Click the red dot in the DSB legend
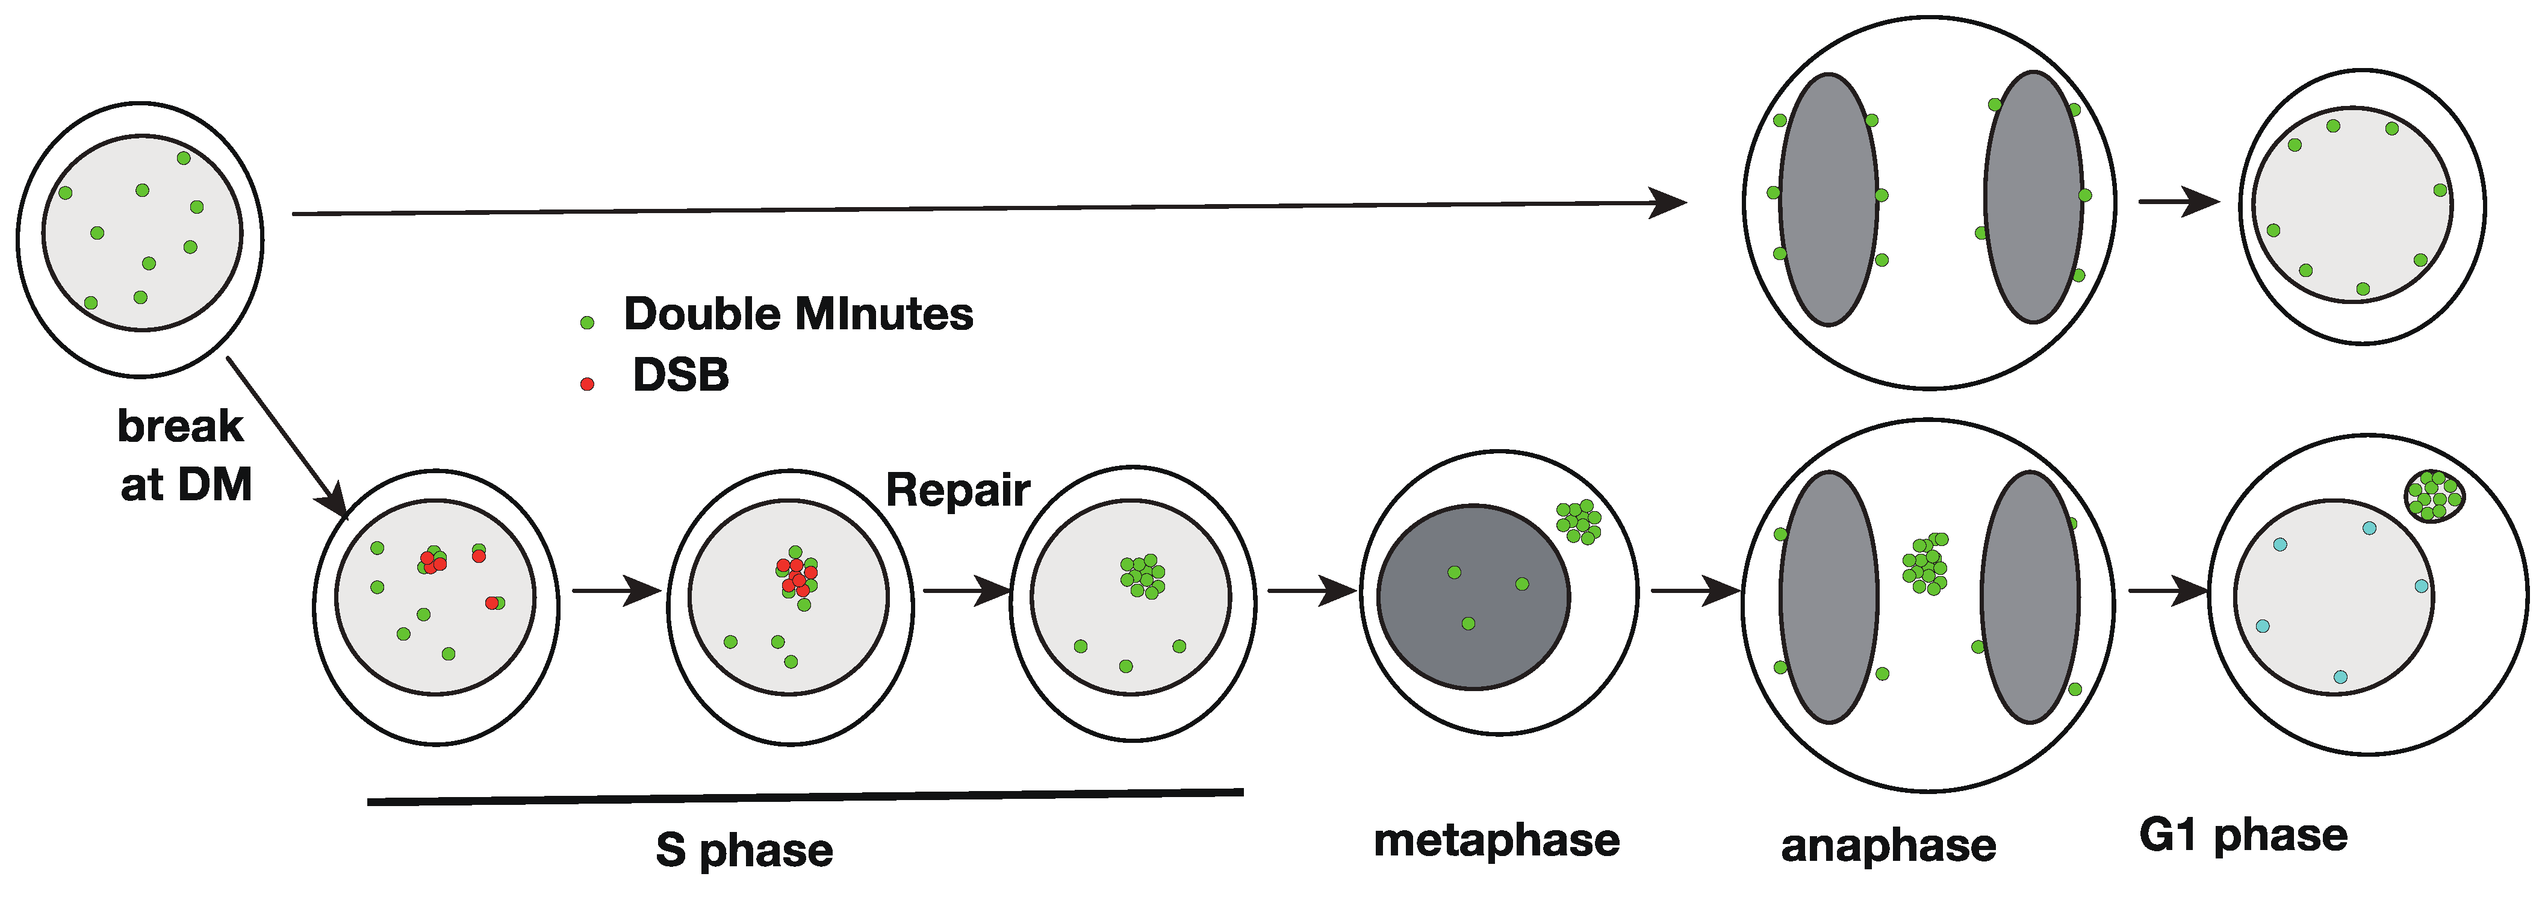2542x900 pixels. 587,384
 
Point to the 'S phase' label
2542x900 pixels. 744,849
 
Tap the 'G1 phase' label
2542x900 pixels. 2243,835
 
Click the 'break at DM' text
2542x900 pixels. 184,456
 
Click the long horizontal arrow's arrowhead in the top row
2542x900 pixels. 1668,203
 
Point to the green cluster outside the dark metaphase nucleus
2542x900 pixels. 1578,521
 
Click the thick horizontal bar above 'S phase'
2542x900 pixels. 804,796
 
